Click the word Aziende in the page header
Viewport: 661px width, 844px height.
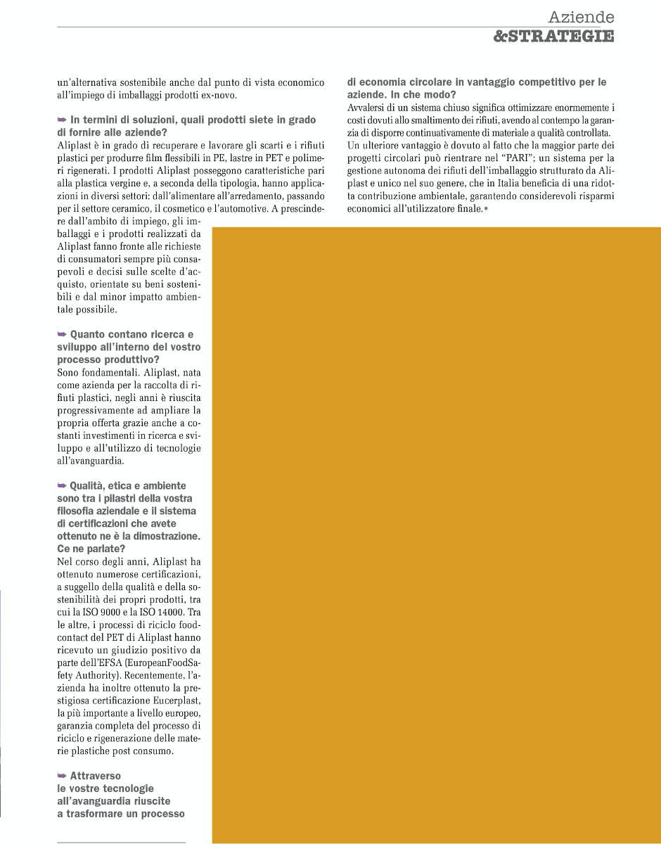(581, 17)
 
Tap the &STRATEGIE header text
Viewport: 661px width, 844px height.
(553, 36)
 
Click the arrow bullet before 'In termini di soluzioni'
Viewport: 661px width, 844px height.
(63, 120)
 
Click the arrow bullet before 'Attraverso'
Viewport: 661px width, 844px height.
(63, 776)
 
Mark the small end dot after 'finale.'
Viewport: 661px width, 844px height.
(486, 209)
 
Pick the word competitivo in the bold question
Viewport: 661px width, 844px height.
(524, 82)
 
